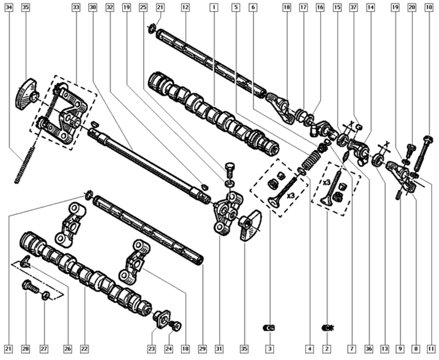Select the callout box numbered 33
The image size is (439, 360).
pos(76,7)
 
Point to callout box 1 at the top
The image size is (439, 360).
pos(214,7)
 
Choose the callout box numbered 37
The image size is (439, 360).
pos(353,7)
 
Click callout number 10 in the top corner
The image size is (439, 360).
pos(428,7)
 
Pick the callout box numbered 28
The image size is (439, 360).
pos(26,349)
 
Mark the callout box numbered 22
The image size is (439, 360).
pos(84,349)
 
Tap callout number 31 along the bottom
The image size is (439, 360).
pos(218,349)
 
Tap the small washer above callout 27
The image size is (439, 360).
pos(45,295)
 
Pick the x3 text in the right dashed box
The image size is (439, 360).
pos(326,182)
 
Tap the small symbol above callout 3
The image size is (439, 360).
pos(269,328)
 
